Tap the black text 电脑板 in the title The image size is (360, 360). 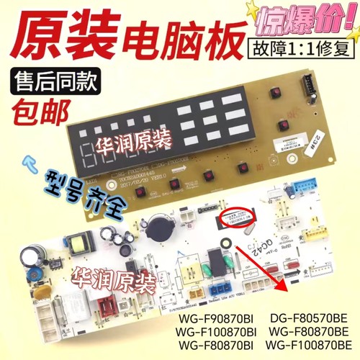(174, 35)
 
